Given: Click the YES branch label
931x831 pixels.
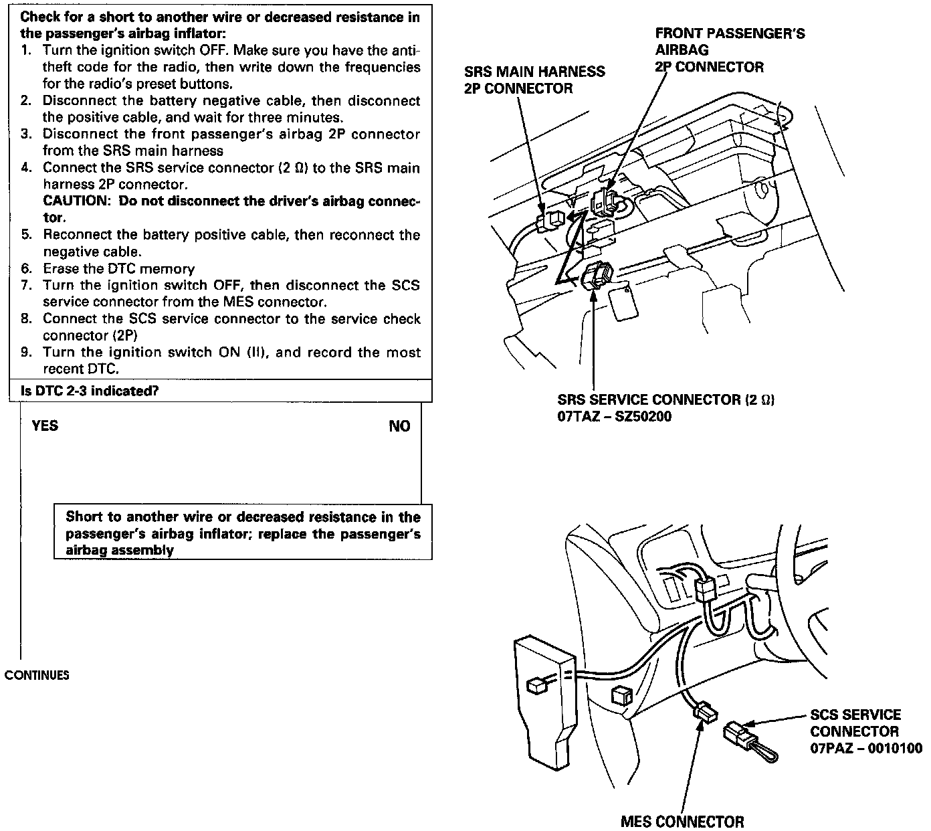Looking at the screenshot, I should pyautogui.click(x=45, y=426).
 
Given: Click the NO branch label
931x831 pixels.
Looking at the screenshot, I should pyautogui.click(x=399, y=426).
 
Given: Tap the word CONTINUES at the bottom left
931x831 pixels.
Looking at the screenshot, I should pyautogui.click(x=37, y=674).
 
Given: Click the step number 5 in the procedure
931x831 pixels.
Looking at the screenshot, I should pyautogui.click(x=26, y=235).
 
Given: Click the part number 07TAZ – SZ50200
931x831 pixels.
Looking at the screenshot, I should pyautogui.click(x=614, y=417).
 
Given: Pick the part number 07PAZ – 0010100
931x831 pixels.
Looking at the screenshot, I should pyautogui.click(x=865, y=748).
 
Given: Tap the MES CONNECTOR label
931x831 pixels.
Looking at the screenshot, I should pyautogui.click(x=682, y=821).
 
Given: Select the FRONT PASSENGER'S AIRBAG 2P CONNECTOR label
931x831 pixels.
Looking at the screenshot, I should pyautogui.click(x=729, y=50).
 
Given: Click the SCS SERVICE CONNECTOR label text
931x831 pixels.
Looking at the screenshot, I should pyautogui.click(x=855, y=723).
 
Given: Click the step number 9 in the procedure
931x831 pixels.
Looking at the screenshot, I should pyautogui.click(x=26, y=353).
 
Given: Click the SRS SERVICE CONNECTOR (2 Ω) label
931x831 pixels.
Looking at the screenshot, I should pyautogui.click(x=665, y=400).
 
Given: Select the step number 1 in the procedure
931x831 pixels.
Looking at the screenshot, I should pyautogui.click(x=26, y=50).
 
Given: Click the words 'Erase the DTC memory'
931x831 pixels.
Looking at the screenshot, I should pyautogui.click(x=118, y=269).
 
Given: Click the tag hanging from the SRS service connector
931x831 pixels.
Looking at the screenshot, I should pyautogui.click(x=623, y=303).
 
